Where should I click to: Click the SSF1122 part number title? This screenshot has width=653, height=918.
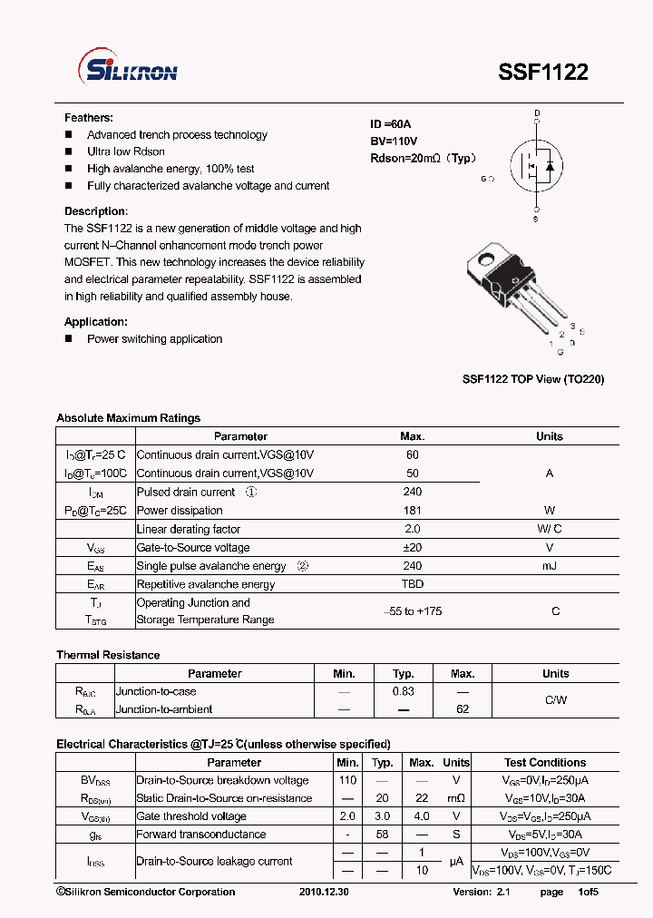click(542, 73)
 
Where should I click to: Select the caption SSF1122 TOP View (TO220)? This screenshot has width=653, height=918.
click(532, 379)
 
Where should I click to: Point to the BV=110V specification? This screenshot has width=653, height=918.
click(394, 141)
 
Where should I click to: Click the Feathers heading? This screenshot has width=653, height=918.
click(89, 118)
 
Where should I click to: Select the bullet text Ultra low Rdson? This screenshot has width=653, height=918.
click(126, 151)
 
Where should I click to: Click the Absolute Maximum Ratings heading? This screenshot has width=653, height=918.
click(128, 418)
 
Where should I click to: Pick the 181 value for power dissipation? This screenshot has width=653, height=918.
click(413, 511)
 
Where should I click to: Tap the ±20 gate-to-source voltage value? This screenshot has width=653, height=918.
click(413, 548)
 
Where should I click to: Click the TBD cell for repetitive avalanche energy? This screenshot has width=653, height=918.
click(413, 584)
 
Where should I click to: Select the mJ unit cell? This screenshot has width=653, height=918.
click(550, 566)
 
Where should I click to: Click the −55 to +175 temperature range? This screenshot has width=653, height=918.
click(413, 611)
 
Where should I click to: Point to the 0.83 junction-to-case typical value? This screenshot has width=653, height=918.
click(404, 691)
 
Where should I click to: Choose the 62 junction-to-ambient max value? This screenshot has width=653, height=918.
click(463, 709)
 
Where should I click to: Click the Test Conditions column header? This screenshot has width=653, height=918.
click(545, 763)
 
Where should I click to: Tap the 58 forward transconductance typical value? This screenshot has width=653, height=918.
click(383, 835)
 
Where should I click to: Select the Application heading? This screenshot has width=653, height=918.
click(95, 322)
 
